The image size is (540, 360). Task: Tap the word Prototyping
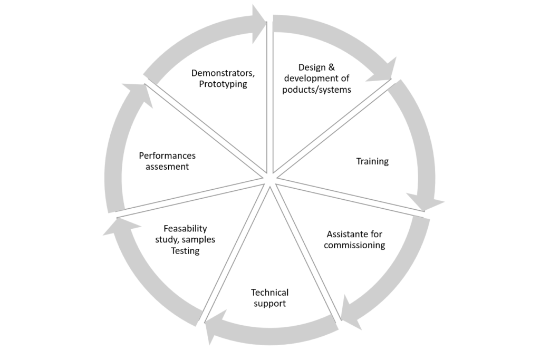[223, 84]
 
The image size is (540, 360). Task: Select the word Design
[312, 67]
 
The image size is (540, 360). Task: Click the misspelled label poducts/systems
[316, 90]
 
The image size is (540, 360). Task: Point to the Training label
[372, 161]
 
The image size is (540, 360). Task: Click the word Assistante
[346, 235]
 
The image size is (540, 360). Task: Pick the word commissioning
[354, 246]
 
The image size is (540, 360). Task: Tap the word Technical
[269, 293]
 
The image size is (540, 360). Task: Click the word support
[269, 304]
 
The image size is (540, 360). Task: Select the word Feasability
[185, 229]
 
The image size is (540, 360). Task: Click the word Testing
[185, 251]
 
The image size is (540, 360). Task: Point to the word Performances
[167, 155]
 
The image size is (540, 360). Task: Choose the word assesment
[167, 167]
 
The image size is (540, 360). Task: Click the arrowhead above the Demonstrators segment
[259, 24]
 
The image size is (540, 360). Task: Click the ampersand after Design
[331, 67]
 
